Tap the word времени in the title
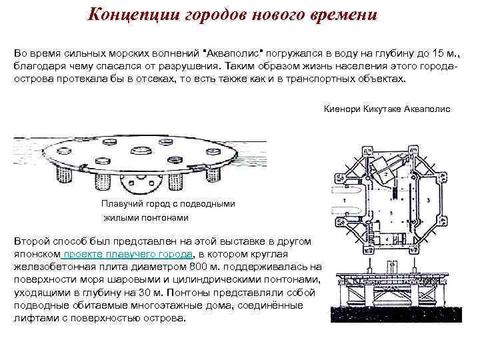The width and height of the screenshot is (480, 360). point(340,14)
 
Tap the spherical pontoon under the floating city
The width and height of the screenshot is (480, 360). point(141,182)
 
